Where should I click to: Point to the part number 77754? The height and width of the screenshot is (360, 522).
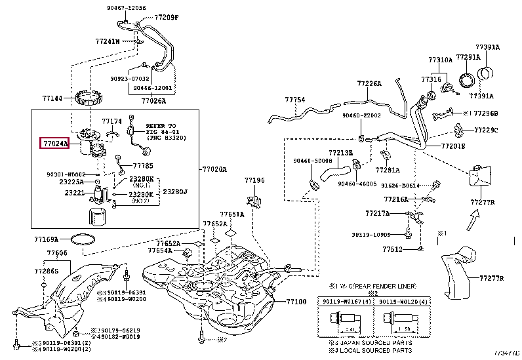[294, 100]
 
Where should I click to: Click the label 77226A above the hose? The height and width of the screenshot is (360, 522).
[369, 83]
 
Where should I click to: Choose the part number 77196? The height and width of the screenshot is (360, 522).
[254, 180]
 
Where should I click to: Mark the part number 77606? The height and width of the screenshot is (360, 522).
[57, 252]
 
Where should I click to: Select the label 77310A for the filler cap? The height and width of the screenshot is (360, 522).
[441, 60]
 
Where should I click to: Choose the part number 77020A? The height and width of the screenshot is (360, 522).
[214, 169]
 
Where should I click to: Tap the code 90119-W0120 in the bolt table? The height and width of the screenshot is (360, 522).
[400, 301]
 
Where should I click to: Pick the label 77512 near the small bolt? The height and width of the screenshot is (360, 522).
[393, 249]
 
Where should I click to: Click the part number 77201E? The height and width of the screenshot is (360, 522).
[453, 146]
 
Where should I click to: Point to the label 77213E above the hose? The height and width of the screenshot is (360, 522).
[341, 152]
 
